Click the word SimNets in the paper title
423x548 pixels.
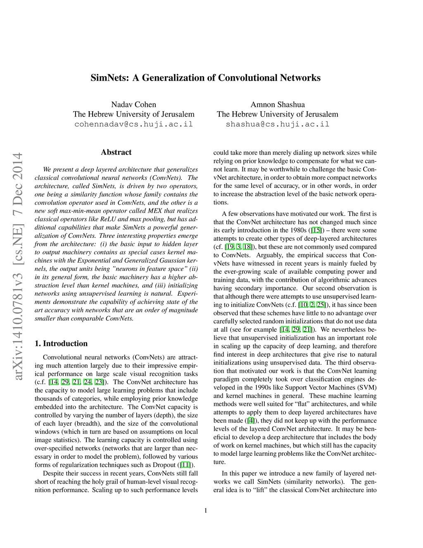click(x=109, y=78)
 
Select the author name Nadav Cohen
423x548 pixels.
click(x=133, y=104)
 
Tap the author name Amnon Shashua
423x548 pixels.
click(x=278, y=104)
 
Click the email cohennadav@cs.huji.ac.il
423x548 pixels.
click(x=133, y=124)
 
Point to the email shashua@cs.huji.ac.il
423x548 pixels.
click(x=278, y=124)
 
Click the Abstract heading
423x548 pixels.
click(x=116, y=152)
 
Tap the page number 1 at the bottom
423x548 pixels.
click(x=205, y=510)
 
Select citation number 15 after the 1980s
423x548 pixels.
click(x=316, y=230)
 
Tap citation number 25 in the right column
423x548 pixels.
click(x=320, y=305)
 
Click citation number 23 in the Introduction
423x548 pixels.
click(x=99, y=382)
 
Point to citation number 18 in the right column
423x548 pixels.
click(x=247, y=247)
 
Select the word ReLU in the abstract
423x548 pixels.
click(x=108, y=219)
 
